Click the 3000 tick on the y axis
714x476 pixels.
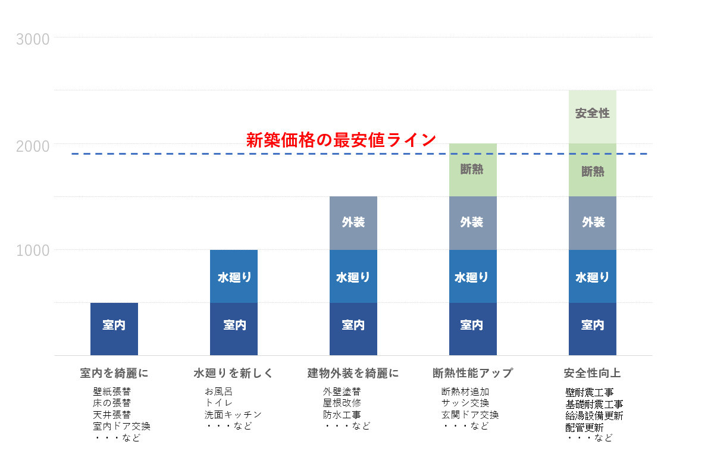pos(33,39)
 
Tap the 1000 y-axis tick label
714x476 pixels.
pos(33,250)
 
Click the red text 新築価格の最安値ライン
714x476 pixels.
pos(341,140)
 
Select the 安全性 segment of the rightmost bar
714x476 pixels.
pos(592,113)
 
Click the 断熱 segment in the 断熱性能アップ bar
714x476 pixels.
pos(472,170)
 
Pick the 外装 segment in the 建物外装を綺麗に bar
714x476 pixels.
pos(353,223)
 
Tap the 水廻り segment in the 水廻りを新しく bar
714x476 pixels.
pos(234,277)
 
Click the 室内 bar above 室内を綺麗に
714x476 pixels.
pos(114,325)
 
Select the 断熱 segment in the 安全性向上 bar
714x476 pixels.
pos(592,171)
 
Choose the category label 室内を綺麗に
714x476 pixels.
pos(114,374)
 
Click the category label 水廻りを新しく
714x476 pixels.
pos(233,374)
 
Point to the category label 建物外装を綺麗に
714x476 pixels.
pos(353,374)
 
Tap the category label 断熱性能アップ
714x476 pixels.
pos(472,374)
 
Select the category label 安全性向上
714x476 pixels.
pos(592,374)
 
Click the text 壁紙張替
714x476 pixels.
pos(111,392)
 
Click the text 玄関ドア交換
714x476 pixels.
pos(469,415)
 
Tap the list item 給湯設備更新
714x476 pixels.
pos(594,415)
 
